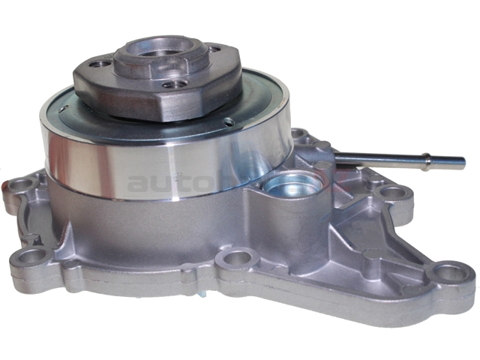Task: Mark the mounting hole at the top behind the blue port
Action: [x=300, y=137]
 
